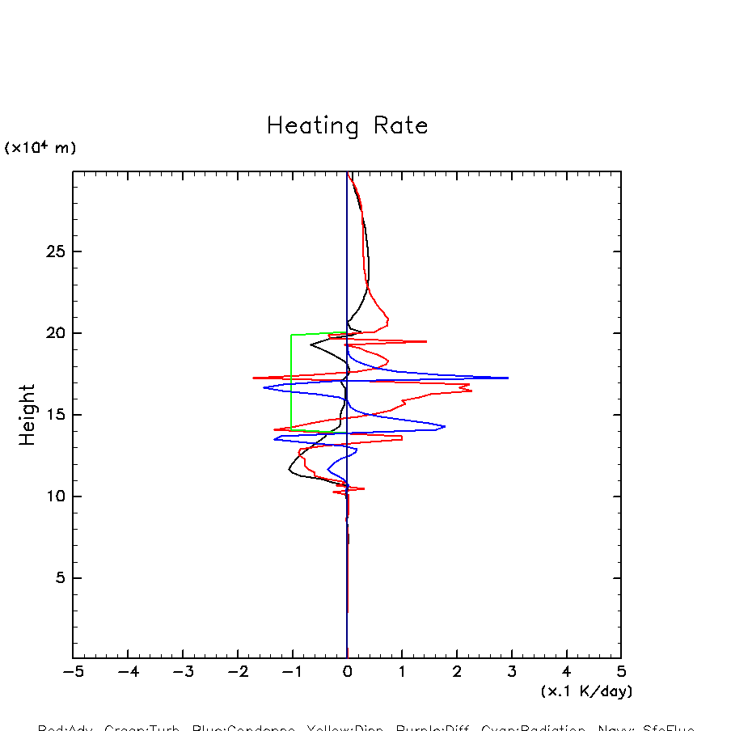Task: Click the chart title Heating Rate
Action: [x=347, y=126]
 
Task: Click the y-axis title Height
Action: [x=27, y=414]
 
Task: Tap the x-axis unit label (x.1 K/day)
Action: [x=586, y=691]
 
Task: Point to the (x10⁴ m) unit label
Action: [x=40, y=148]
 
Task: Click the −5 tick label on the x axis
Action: [x=73, y=672]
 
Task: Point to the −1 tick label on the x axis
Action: [x=292, y=672]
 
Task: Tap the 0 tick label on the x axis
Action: [x=347, y=672]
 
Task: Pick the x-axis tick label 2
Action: [x=457, y=672]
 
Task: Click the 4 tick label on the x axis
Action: [x=566, y=672]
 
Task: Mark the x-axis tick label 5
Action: [x=621, y=672]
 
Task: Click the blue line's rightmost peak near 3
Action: [x=508, y=378]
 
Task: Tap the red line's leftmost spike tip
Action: [x=253, y=378]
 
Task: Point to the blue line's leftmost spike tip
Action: [x=264, y=388]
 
